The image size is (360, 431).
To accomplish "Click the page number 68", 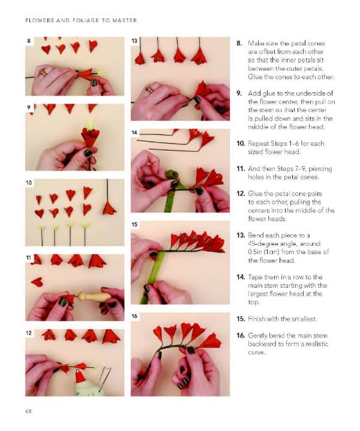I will tap(28, 411).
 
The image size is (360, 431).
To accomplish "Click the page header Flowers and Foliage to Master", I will tap(81, 20).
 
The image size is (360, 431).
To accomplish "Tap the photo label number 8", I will tap(29, 40).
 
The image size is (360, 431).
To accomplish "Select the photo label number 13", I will tap(135, 40).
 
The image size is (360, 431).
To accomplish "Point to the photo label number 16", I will tap(135, 316).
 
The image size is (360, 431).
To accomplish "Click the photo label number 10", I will tap(29, 182).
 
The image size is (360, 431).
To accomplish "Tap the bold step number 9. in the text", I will tap(239, 93).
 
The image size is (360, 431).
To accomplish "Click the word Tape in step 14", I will tap(256, 277).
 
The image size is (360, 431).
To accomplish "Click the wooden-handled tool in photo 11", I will tap(93, 297).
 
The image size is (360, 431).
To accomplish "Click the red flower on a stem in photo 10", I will tap(109, 208).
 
